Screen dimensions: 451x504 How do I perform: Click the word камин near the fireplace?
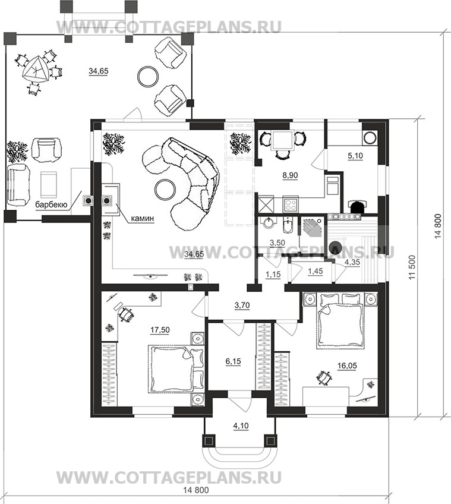tap(143, 219)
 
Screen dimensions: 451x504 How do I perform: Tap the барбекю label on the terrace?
tap(51, 204)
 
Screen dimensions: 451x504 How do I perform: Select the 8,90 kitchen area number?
tap(290, 175)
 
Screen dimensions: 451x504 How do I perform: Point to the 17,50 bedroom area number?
tap(160, 330)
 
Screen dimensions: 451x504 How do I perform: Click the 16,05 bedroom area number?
tap(347, 366)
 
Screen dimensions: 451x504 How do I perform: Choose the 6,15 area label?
tap(233, 361)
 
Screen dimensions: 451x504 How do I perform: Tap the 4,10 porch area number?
tap(241, 426)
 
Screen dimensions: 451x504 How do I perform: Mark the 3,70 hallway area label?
tap(242, 305)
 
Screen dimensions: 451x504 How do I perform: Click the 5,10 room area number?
tap(355, 156)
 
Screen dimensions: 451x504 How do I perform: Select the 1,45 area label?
tap(315, 272)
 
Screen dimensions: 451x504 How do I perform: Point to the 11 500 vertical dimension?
tap(413, 267)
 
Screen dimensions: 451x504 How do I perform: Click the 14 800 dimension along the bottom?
tap(195, 499)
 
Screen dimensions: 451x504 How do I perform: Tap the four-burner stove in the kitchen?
tap(291, 204)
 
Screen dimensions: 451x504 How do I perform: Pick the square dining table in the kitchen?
tap(282, 140)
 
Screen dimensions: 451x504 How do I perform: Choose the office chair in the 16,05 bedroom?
tap(324, 377)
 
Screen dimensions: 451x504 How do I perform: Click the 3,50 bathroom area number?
tap(277, 242)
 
